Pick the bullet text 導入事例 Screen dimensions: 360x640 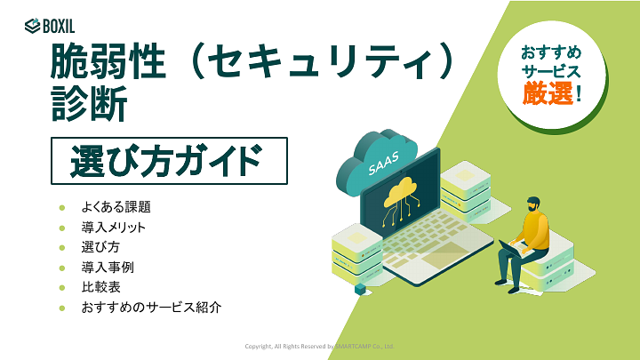[x=108, y=268]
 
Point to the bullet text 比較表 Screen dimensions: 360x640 [x=100, y=287]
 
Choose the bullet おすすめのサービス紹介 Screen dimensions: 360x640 [x=150, y=308]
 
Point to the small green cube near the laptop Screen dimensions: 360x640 [x=360, y=289]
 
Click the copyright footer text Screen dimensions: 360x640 [x=320, y=346]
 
